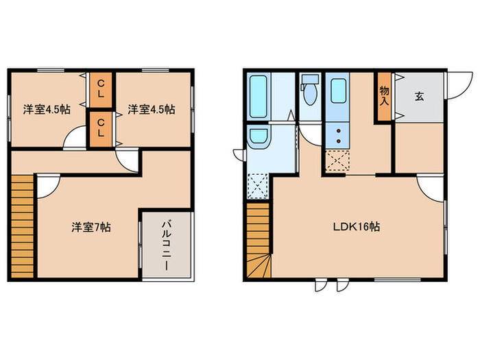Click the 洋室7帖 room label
(x=91, y=228)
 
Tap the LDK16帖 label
(x=359, y=228)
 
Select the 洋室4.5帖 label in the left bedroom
(x=46, y=108)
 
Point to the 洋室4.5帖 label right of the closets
(x=151, y=108)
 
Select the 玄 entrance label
(x=418, y=96)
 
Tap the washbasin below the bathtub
(x=259, y=139)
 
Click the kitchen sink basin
(x=338, y=89)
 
